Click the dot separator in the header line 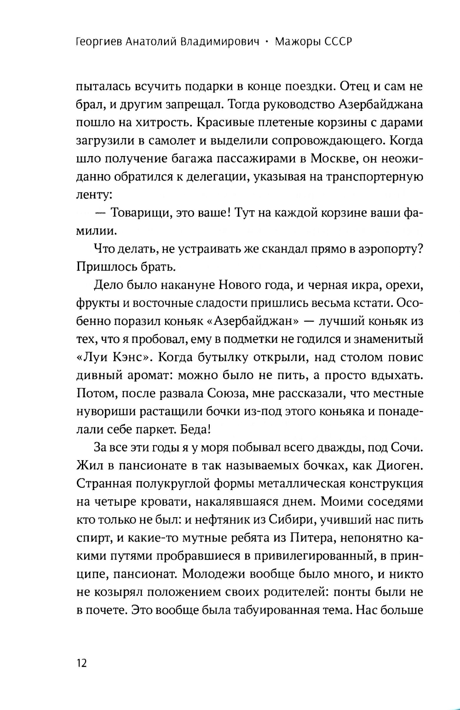267,42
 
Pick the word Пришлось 103,267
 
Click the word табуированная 275,610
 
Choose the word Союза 231,393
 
